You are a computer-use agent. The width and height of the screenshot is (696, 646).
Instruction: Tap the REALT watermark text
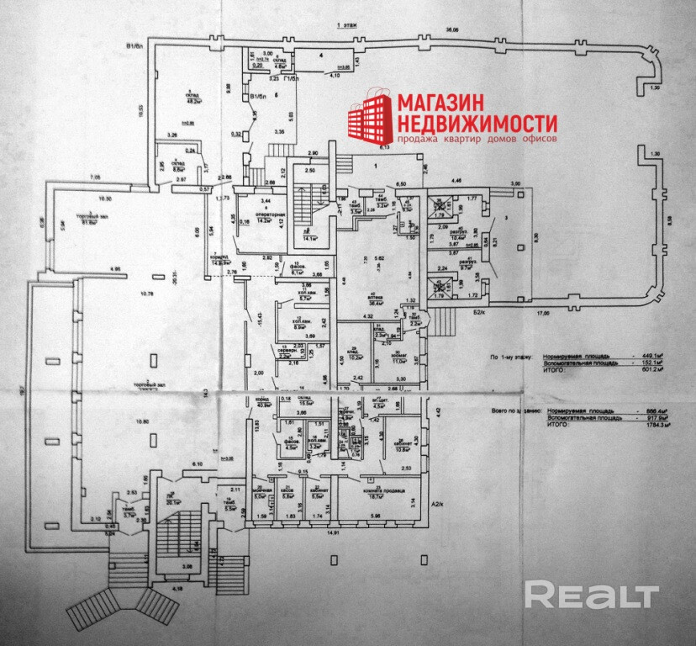[x=591, y=596]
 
